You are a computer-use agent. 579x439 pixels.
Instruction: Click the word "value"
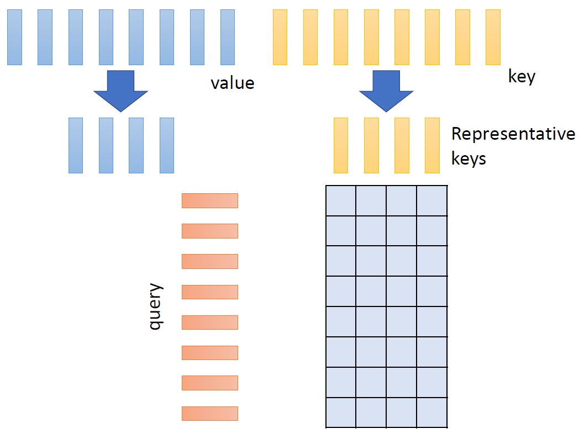coord(233,83)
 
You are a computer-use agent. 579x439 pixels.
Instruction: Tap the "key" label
coord(522,76)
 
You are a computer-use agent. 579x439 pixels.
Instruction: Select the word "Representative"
coord(513,134)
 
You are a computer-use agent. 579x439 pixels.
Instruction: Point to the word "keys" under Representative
coord(469,158)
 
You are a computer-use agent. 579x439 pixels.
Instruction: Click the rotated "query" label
coord(156,306)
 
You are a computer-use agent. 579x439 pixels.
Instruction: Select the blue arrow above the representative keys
coord(386,91)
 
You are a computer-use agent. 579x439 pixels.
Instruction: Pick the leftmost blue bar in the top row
coord(15,37)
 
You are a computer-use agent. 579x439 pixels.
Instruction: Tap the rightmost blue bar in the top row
coord(228,37)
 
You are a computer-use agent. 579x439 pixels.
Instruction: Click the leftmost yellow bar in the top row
coord(281,37)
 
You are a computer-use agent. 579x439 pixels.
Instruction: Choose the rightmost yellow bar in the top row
coord(493,37)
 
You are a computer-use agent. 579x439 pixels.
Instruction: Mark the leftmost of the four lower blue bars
coord(76,145)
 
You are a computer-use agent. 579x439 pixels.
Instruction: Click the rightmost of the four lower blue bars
coord(167,145)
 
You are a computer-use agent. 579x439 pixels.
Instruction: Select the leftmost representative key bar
coord(341,145)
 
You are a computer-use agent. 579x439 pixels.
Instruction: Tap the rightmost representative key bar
coord(432,145)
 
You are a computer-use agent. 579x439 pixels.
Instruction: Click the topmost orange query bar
coord(210,200)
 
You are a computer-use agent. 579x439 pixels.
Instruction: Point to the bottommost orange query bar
coord(210,414)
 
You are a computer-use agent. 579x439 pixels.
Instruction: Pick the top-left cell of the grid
coord(341,201)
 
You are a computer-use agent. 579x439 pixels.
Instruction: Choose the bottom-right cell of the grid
coord(431,412)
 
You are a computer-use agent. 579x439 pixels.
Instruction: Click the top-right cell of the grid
coord(431,201)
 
